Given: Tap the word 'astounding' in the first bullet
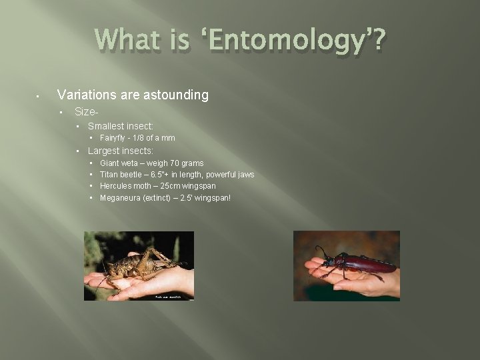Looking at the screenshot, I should [x=176, y=95].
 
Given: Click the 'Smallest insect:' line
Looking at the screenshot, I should [x=121, y=126].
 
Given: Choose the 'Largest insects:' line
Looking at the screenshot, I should [x=121, y=151].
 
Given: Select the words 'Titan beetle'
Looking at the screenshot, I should [x=121, y=175].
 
